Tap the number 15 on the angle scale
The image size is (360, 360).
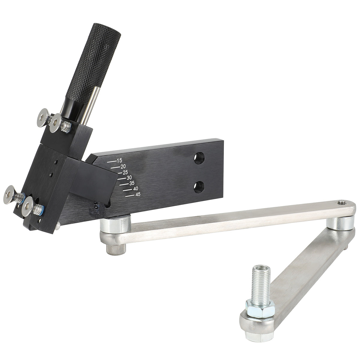[119, 160]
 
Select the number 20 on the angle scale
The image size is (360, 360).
[123, 166]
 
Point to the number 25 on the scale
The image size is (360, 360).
[125, 172]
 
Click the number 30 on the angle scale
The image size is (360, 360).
[129, 178]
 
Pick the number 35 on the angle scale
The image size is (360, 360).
[132, 183]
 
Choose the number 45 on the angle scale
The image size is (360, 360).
[138, 194]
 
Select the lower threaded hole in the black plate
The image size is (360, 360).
[199, 187]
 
